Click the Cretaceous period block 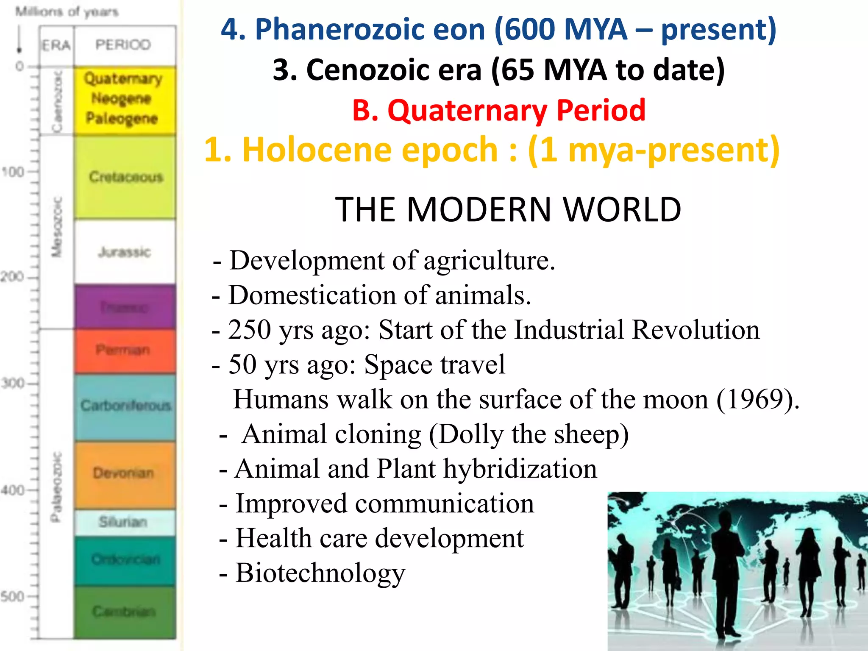(x=125, y=177)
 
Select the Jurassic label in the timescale (x=125, y=252)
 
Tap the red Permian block (x=125, y=351)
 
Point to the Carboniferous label (x=126, y=406)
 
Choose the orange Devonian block (x=125, y=473)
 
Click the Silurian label (x=123, y=522)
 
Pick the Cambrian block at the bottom (x=125, y=612)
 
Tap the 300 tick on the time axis (x=13, y=384)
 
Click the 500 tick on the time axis (x=13, y=597)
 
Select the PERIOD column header (x=123, y=45)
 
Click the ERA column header (x=56, y=45)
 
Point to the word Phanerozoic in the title (x=370, y=30)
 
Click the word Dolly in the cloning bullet (x=470, y=434)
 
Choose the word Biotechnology (x=320, y=573)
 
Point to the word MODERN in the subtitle (x=479, y=209)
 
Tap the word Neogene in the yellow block (x=122, y=98)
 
